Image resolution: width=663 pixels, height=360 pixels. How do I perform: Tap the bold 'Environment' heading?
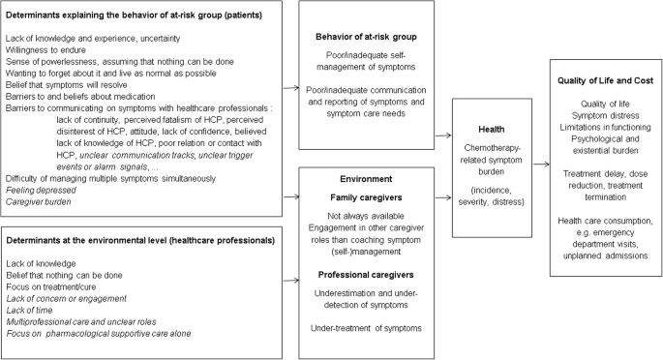pyautogui.click(x=360, y=179)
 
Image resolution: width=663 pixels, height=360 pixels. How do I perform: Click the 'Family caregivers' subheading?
pyautogui.click(x=360, y=196)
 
